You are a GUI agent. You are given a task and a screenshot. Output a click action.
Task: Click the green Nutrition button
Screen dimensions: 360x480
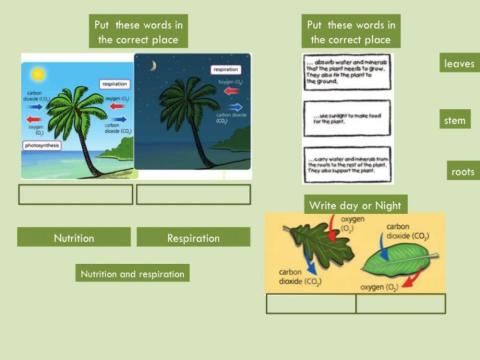pyautogui.click(x=74, y=237)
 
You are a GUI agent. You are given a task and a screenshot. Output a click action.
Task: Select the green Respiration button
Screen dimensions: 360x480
pyautogui.click(x=193, y=237)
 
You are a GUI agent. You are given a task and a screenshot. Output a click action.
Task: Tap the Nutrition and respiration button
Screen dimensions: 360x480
pyautogui.click(x=132, y=272)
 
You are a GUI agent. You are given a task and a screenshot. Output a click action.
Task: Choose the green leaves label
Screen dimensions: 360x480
pyautogui.click(x=461, y=64)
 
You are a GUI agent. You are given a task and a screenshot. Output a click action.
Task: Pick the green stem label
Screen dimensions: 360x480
pyautogui.click(x=455, y=120)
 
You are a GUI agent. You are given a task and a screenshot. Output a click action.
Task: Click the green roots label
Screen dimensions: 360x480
pyautogui.click(x=462, y=171)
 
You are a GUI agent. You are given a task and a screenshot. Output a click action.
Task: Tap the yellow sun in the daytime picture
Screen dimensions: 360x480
pyautogui.click(x=38, y=74)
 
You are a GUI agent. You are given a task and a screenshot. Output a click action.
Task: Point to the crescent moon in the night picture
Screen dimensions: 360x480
pyautogui.click(x=152, y=67)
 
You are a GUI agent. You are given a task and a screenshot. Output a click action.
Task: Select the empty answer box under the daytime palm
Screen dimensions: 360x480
pyautogui.click(x=75, y=194)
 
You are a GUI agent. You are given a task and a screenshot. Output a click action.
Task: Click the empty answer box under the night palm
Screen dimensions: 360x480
pyautogui.click(x=193, y=194)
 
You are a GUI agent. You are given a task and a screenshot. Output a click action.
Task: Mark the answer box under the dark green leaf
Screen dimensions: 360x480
pyautogui.click(x=310, y=304)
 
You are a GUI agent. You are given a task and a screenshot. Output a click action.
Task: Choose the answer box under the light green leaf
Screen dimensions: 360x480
pyautogui.click(x=399, y=304)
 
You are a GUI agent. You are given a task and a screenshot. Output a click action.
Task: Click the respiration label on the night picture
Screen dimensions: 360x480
pyautogui.click(x=225, y=69)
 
